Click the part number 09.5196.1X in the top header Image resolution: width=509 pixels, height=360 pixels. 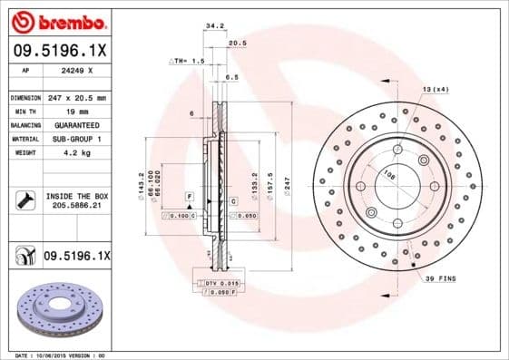(59, 52)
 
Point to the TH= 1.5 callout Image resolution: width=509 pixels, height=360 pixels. (188, 61)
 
